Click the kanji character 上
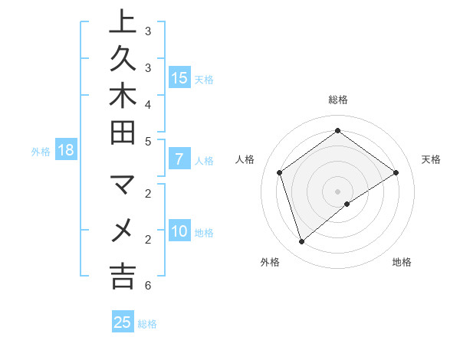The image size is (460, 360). click(123, 22)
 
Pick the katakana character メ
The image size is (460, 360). click(123, 230)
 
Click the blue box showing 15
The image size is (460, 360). click(179, 77)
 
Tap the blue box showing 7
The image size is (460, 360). click(179, 160)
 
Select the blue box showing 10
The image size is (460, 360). click(179, 232)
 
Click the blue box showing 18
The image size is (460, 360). click(66, 150)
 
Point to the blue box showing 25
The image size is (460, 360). click(123, 322)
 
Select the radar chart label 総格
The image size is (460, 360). click(337, 100)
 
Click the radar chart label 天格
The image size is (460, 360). click(431, 159)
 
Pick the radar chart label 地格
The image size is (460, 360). click(402, 262)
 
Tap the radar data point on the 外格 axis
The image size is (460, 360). click(301, 242)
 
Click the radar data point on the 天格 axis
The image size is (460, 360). click(396, 172)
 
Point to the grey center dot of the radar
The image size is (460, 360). click(337, 191)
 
